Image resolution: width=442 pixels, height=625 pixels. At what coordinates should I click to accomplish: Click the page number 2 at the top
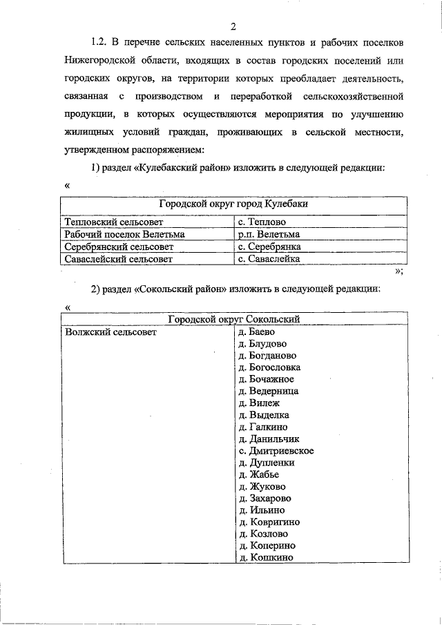233,26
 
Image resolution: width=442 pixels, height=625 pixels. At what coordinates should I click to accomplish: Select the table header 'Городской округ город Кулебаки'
233,205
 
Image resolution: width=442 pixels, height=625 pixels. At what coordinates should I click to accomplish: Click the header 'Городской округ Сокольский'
233,318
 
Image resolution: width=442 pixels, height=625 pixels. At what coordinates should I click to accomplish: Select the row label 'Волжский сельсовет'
110,331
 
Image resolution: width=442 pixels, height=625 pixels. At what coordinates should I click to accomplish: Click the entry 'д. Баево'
256,331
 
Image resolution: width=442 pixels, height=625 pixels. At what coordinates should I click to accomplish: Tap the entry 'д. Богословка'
269,367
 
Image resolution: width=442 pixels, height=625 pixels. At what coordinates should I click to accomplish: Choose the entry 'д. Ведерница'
268,391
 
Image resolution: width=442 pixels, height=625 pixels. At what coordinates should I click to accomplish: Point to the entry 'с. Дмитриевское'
276,450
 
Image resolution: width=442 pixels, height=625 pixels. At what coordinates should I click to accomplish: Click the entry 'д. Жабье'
258,474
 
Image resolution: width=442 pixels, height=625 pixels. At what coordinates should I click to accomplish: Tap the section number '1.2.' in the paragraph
102,43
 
